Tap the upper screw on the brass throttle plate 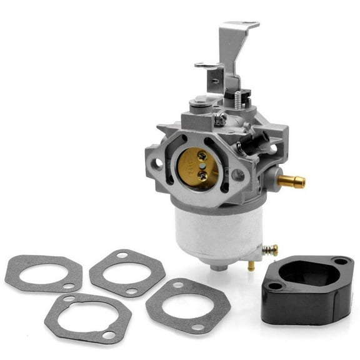202,154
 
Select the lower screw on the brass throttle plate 202,176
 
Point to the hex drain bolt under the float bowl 219,267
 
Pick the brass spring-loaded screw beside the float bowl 269,250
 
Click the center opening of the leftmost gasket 41,272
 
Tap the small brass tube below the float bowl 251,265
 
